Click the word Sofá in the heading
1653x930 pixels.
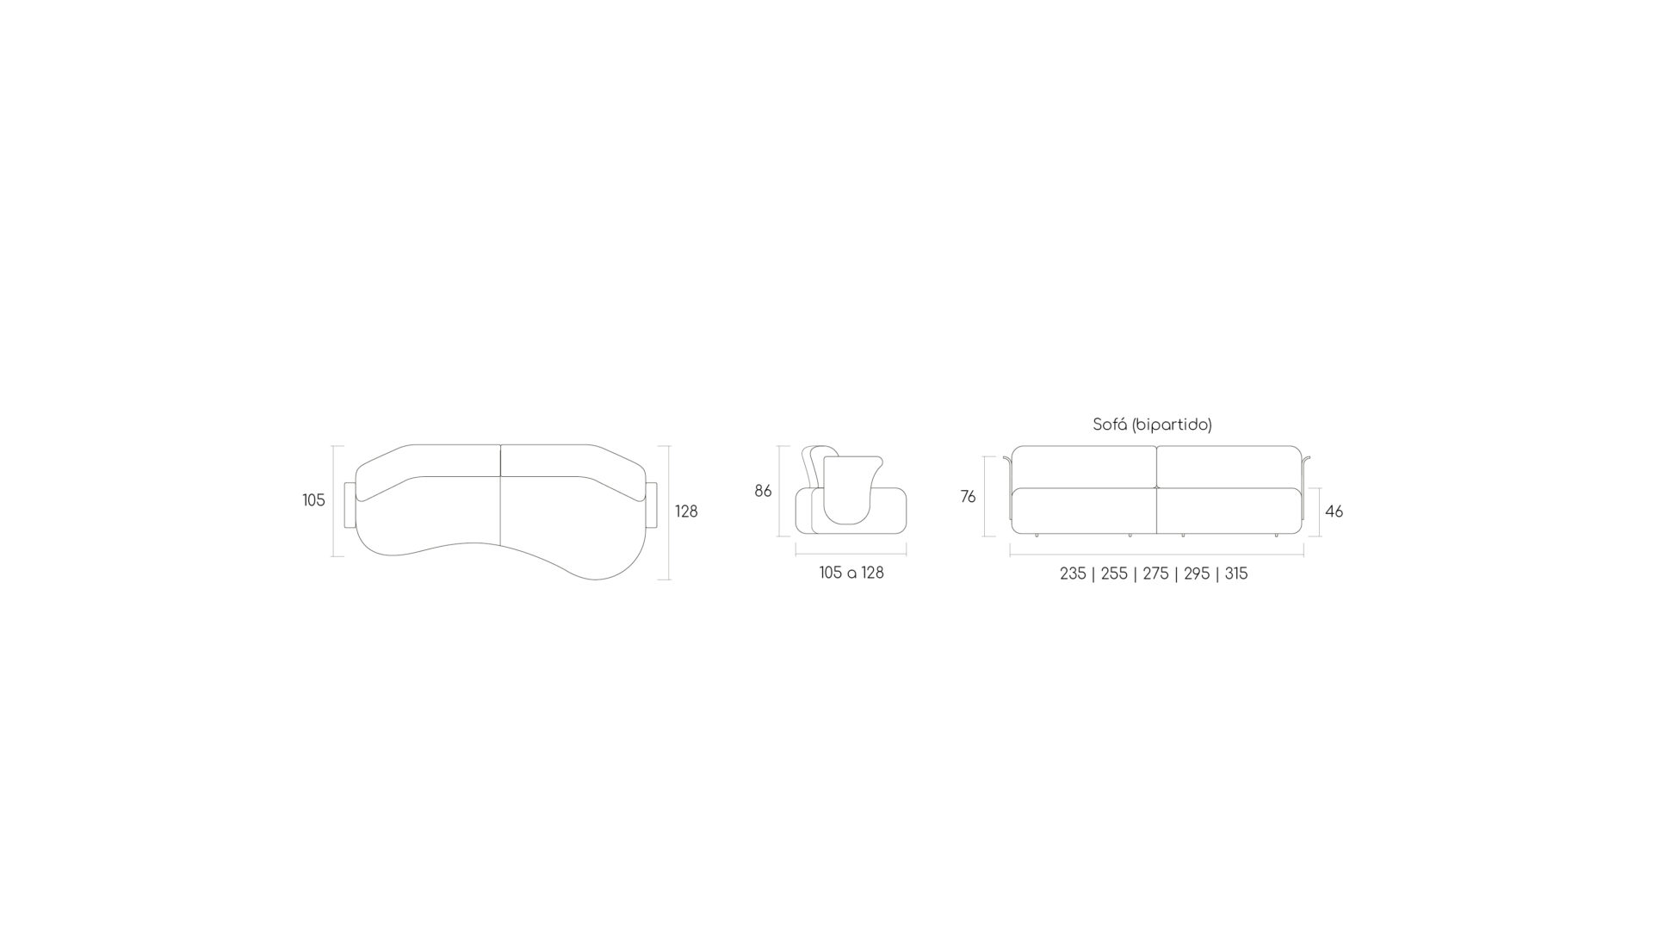click(x=1110, y=425)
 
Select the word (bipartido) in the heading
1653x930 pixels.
click(x=1172, y=425)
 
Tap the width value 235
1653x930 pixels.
click(x=1073, y=573)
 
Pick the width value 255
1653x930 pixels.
click(x=1114, y=573)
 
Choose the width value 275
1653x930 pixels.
click(x=1155, y=573)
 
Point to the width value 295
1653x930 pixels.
click(x=1197, y=573)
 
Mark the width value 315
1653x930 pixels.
click(x=1236, y=573)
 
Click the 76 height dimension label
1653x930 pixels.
click(x=969, y=497)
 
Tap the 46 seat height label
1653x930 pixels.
click(x=1334, y=512)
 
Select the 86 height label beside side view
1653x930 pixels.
click(x=763, y=492)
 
